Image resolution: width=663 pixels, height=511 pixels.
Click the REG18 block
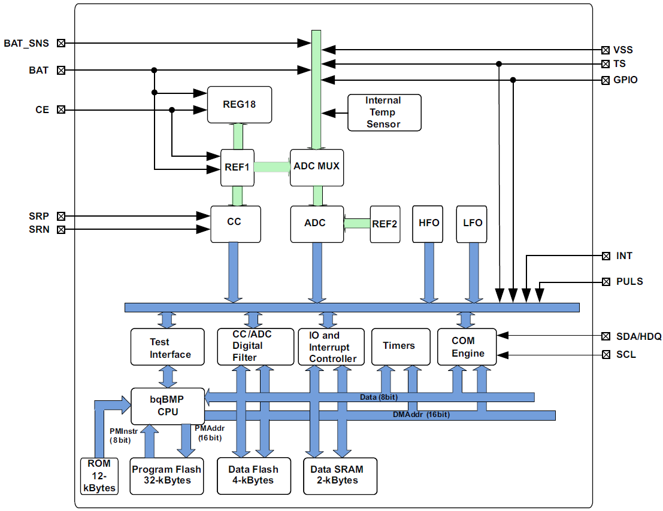pos(239,105)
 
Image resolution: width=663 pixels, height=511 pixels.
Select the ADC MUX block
pos(317,166)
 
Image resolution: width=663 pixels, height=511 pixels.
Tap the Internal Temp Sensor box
pos(384,112)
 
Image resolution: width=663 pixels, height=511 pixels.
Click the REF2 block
pos(385,224)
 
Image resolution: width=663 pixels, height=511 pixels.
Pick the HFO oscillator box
pos(429,224)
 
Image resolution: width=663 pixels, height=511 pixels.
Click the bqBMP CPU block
pos(168,406)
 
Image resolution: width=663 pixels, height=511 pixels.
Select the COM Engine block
pos(467,346)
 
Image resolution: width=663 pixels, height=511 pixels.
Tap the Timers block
pos(399,346)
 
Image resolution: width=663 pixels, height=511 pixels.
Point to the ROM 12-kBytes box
pos(99,476)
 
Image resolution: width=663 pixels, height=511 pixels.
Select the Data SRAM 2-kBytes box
pos(340,476)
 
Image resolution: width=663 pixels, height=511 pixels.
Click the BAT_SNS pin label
pos(26,43)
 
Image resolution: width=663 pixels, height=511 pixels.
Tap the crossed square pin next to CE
pos(60,110)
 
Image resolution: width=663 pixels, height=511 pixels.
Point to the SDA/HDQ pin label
pos(639,337)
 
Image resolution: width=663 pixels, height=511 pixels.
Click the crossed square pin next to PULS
pos(605,281)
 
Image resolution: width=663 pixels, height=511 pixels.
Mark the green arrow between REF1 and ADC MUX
pos(272,167)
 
